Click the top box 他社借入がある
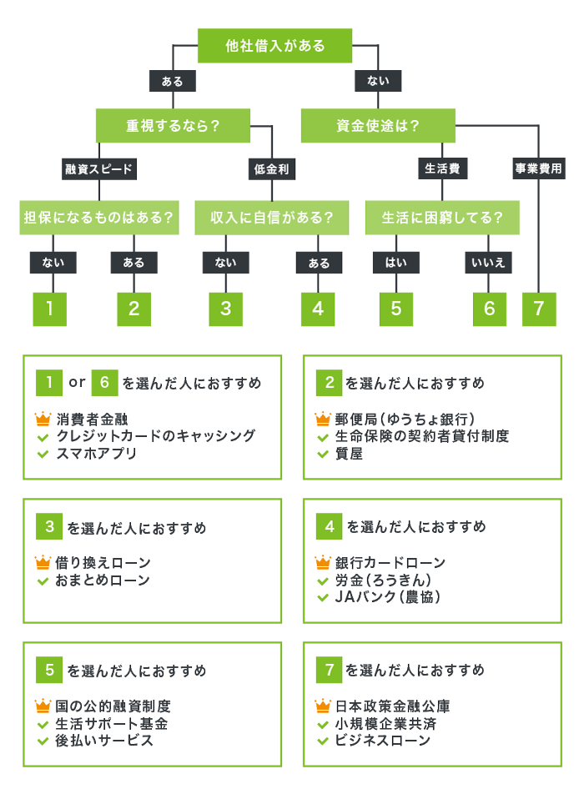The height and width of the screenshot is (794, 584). click(275, 46)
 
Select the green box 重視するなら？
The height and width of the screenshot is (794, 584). click(173, 126)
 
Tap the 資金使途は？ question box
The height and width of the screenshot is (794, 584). click(378, 126)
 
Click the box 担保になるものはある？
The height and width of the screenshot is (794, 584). click(98, 218)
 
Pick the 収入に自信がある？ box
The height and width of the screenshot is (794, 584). click(272, 218)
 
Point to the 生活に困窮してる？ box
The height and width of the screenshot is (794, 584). click(442, 218)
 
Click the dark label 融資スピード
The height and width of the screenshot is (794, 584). click(99, 169)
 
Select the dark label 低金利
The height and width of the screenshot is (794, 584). click(272, 169)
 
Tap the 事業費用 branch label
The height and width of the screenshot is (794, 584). click(538, 169)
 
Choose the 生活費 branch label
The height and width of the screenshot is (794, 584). click(442, 169)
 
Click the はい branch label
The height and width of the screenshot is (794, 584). click(396, 263)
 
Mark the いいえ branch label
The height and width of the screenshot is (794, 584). click(489, 263)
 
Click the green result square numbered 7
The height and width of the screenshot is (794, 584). click(539, 309)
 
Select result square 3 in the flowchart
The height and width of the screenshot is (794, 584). click(226, 309)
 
